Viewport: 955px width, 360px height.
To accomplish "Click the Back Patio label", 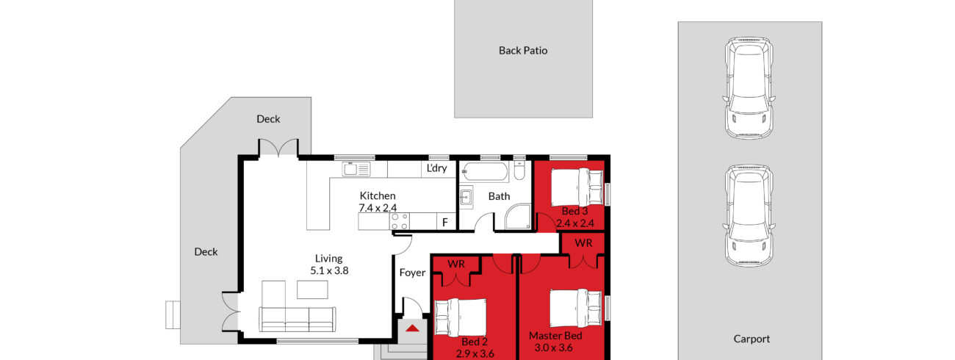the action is click(523, 51).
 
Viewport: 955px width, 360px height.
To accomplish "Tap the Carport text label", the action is click(752, 339).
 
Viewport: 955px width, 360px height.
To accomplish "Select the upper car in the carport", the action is click(749, 88).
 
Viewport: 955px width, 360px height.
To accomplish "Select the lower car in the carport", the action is click(749, 216).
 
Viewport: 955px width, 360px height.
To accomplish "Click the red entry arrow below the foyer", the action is click(412, 328).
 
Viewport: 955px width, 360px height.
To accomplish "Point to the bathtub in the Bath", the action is click(485, 172).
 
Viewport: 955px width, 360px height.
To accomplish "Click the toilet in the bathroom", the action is click(519, 169).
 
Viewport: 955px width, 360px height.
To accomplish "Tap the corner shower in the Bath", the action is click(518, 216).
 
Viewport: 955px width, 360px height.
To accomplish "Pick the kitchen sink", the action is click(356, 169).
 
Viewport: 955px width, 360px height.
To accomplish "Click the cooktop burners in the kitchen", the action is click(400, 221).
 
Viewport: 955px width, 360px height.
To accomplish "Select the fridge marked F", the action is click(445, 222).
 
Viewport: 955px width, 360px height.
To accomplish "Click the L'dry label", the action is click(436, 168).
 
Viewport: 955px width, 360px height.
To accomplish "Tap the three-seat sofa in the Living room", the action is click(298, 319).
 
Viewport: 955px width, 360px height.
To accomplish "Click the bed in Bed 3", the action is click(577, 187).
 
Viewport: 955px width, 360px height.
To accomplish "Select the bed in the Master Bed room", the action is click(576, 309).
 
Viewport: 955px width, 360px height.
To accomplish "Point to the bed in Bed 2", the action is click(461, 317).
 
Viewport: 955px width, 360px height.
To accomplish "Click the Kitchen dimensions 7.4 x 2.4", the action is click(378, 208).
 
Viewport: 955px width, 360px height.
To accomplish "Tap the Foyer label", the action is click(412, 273).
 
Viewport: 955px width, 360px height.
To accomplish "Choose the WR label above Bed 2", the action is click(456, 264).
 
